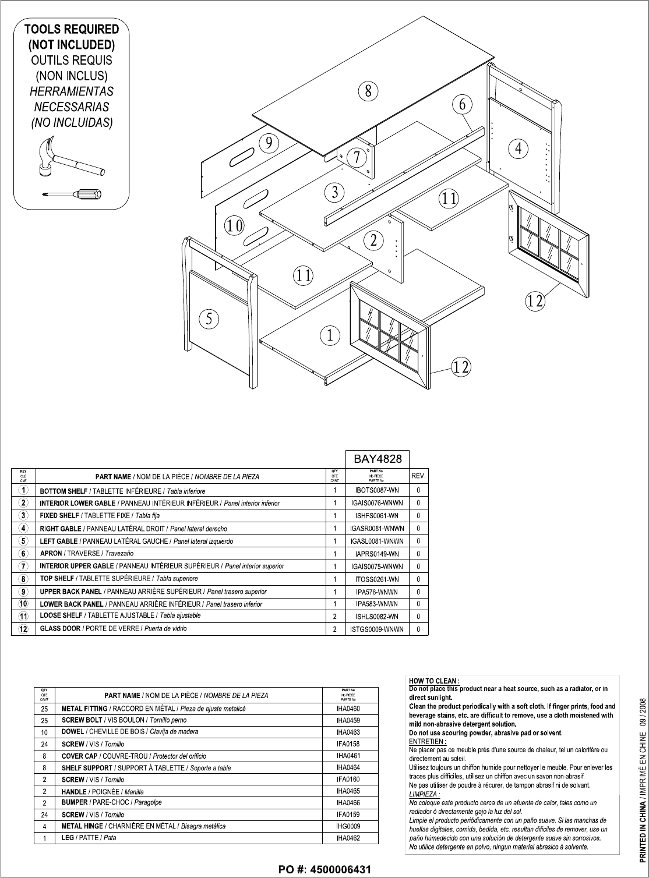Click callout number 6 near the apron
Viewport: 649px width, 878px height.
(x=462, y=105)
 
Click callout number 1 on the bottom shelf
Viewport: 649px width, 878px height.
(x=330, y=335)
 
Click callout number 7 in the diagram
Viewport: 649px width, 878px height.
(x=357, y=157)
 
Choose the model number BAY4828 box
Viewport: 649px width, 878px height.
(x=378, y=459)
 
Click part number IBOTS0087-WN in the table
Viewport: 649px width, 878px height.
(x=377, y=491)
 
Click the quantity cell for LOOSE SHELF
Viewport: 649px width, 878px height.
(x=334, y=616)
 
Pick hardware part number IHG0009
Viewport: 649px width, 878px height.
(x=348, y=826)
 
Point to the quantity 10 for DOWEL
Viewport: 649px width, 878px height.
(x=44, y=732)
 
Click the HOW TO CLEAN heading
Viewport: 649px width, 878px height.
(x=435, y=680)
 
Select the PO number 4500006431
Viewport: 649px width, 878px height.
(x=324, y=869)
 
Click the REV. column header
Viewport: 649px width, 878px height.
(x=419, y=476)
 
